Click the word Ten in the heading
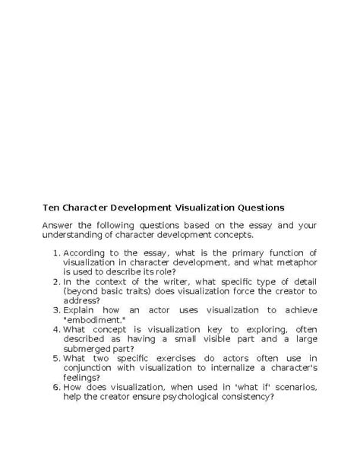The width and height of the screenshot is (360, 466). tap(50, 207)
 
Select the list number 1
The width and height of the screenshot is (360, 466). tap(55, 252)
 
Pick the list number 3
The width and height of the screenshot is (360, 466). tap(55, 310)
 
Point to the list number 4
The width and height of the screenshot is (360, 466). tap(55, 329)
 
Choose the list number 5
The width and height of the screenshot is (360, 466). tap(55, 358)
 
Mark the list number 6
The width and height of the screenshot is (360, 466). tap(55, 387)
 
